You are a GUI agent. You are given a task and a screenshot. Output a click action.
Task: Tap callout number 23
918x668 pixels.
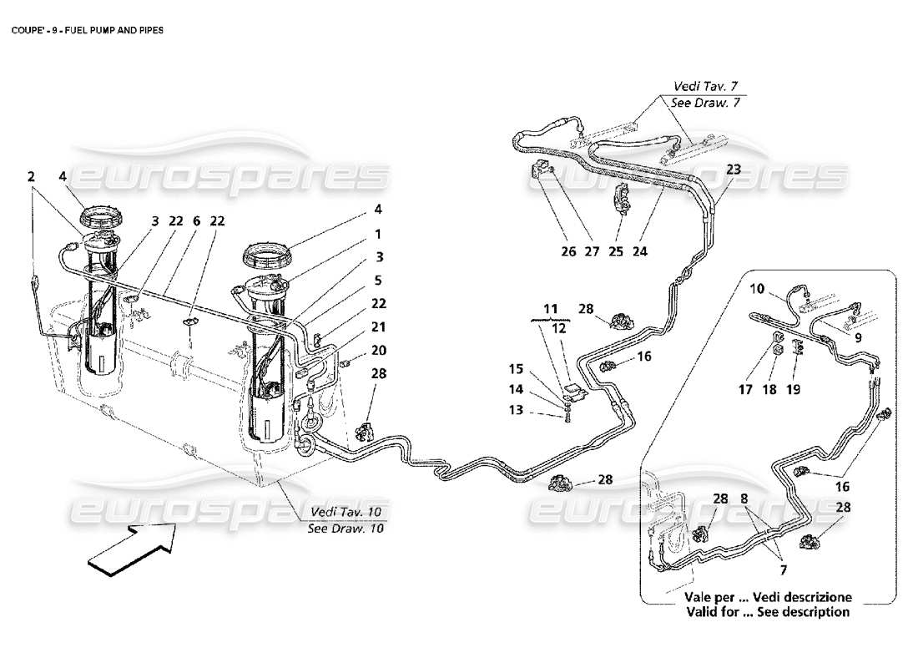[733, 170]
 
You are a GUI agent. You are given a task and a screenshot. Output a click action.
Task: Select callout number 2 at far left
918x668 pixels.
[31, 176]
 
